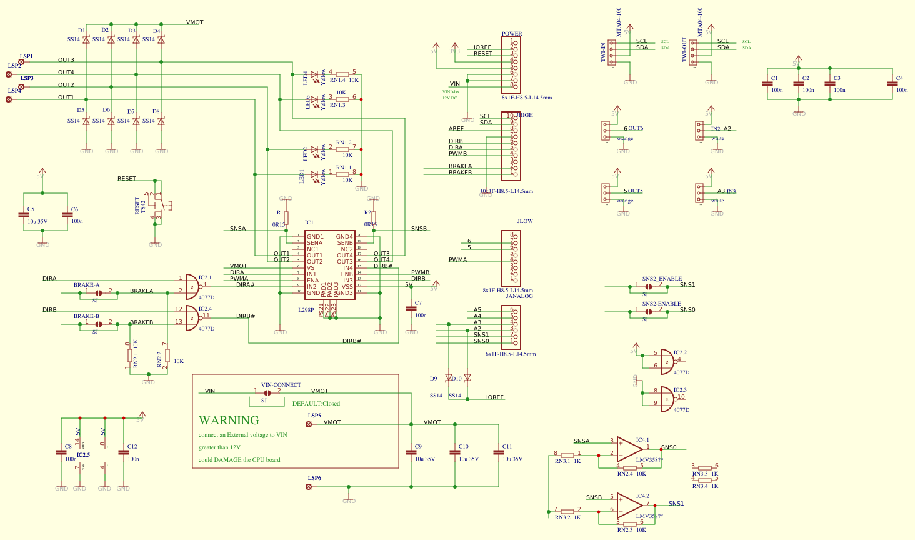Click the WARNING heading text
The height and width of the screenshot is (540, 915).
[229, 421]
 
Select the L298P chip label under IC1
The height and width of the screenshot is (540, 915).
[306, 310]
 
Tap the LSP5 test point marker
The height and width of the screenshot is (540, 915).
[309, 424]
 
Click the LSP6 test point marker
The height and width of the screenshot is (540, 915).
[309, 487]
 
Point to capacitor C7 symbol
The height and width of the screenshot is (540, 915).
[411, 309]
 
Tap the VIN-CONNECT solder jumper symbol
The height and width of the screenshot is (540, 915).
[267, 393]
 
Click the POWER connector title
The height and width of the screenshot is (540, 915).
[511, 34]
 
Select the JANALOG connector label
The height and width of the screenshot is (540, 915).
[519, 296]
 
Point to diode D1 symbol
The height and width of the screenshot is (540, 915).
[86, 40]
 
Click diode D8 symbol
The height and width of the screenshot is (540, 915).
[161, 121]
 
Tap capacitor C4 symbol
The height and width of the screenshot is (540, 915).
[892, 84]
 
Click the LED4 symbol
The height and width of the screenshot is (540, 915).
[314, 74]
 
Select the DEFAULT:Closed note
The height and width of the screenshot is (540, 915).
[316, 404]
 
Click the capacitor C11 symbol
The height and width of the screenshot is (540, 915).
[498, 452]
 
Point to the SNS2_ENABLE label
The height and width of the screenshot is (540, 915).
[662, 279]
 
